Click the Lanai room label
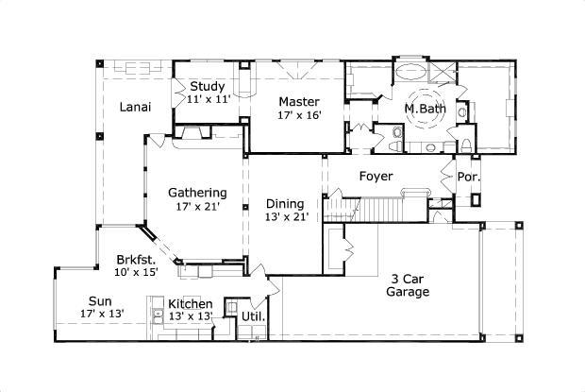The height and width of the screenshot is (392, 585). point(136,107)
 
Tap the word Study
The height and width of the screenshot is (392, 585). point(208,87)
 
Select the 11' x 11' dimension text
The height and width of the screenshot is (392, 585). point(209,99)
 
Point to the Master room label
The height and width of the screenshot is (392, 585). point(299,102)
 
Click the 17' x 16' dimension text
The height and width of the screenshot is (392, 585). point(299,115)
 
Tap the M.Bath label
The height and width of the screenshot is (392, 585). point(425,110)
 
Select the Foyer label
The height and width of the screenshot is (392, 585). point(376,177)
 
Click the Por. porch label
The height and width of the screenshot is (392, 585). point(468,177)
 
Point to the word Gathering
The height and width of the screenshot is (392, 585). point(197,193)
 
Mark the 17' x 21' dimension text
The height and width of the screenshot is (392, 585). point(197,207)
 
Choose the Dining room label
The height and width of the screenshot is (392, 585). point(285,203)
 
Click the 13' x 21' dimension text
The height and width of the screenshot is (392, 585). point(285,217)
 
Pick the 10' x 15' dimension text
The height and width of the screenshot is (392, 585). point(137,271)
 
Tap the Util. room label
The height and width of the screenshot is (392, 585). point(253,315)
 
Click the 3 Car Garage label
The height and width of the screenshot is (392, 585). point(407,285)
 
